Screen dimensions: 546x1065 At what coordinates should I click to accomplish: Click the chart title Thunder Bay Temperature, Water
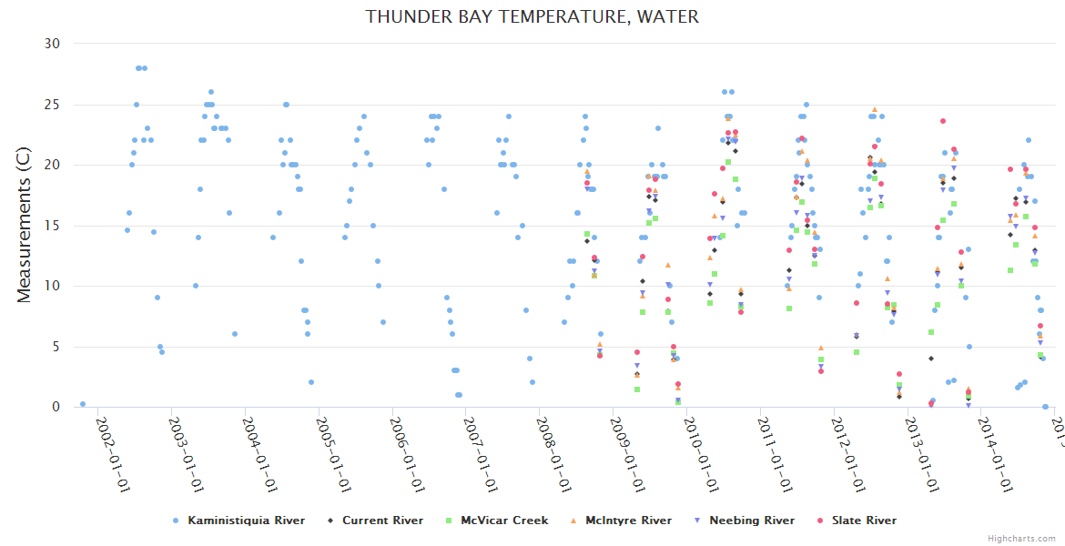532,16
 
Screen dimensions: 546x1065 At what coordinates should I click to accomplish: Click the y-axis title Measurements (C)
25,225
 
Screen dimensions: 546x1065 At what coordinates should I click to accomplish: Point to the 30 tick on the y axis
52,44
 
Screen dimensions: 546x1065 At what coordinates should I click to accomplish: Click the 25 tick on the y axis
52,105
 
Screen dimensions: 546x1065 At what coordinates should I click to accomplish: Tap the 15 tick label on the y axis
52,226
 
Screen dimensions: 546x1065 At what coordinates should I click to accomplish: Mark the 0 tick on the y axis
56,408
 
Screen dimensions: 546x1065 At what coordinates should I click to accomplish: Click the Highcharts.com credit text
1021,538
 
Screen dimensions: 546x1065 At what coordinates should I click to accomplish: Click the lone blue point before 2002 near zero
83,404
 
